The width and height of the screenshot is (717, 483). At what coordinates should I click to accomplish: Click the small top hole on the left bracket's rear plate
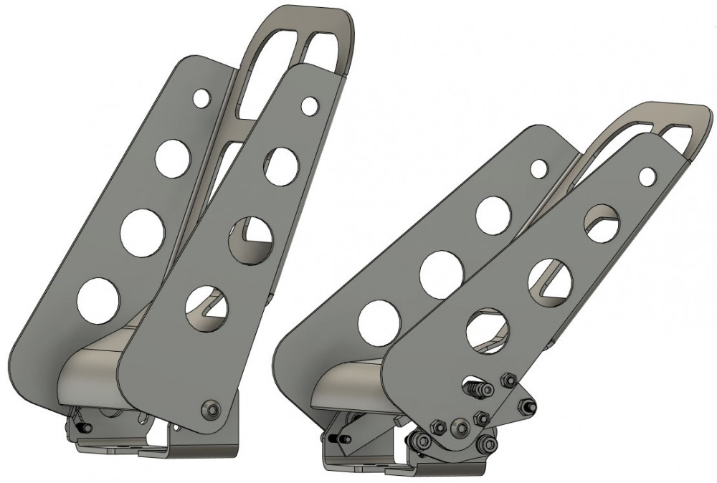click(x=202, y=98)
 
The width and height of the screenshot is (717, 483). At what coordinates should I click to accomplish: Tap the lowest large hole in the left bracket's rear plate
click(x=98, y=300)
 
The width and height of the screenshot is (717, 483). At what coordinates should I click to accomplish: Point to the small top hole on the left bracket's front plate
click(x=310, y=105)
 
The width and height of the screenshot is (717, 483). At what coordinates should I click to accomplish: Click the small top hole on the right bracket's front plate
click(x=647, y=174)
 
